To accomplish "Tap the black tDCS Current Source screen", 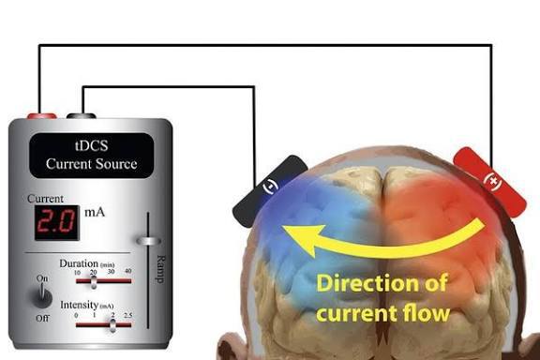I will coord(91,156).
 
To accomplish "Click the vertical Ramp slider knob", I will coord(146,241).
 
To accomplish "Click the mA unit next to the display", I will coord(95,213).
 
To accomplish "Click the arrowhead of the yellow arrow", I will coord(298,240).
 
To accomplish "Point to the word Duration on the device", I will coord(80,263).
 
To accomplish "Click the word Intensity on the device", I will coord(79,307).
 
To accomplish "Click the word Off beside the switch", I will coord(41,319).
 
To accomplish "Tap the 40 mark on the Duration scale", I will coord(127,271).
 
